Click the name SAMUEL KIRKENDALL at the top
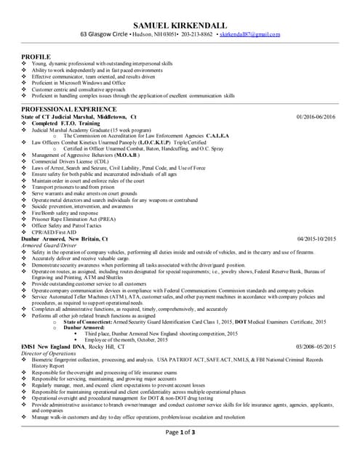pos(179,24)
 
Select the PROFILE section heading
pos(36,56)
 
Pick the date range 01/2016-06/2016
pos(316,116)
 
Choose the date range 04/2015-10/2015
pos(316,238)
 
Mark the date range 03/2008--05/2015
pos(316,347)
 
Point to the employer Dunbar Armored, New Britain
pos(65,238)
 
